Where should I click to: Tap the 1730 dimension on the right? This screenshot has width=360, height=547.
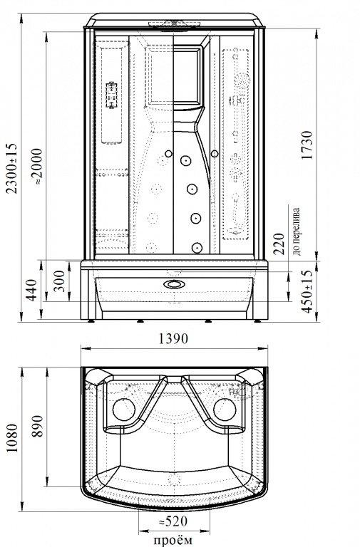coord(307,145)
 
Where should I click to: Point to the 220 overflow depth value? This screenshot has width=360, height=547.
coord(279,244)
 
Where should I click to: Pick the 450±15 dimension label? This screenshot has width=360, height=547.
coord(307,292)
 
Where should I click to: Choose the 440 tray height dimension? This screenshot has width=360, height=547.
coord(32,290)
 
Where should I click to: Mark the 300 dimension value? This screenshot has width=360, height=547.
coord(60,281)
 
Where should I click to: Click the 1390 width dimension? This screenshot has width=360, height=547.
coord(173,338)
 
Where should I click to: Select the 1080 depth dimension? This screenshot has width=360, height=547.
coord(13,438)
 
